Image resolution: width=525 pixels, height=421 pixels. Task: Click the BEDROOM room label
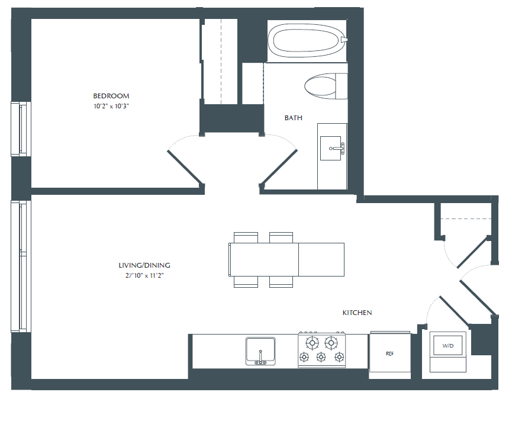click(111, 96)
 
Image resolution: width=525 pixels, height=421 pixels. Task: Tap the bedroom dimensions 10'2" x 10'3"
click(111, 106)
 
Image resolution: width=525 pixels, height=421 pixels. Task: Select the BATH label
click(293, 118)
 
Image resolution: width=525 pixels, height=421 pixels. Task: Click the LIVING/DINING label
click(144, 266)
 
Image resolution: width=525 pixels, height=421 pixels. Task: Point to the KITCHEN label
click(357, 313)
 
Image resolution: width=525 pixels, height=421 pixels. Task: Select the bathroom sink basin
click(332, 148)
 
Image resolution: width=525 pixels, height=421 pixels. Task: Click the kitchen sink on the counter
click(260, 350)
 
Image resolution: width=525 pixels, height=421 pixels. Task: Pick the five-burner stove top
click(321, 349)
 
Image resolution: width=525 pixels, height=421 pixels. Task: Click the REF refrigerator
click(390, 353)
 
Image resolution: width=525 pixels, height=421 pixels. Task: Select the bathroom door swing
click(279, 160)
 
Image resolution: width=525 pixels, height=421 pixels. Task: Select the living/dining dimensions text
click(144, 275)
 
